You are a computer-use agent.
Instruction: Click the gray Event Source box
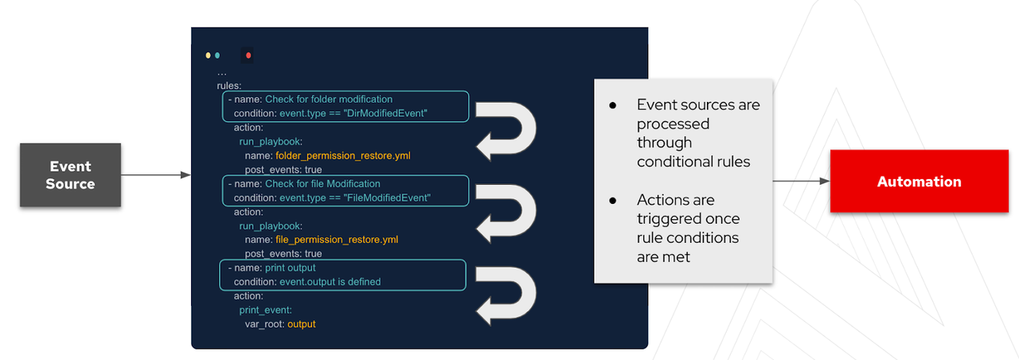70,175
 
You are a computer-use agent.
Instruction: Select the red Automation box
919,182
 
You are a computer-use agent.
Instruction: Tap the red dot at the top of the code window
248,56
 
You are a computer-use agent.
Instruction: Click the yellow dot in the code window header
209,56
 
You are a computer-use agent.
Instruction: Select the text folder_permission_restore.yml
343,155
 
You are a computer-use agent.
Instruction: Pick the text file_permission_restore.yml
337,240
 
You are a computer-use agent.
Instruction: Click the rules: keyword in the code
229,85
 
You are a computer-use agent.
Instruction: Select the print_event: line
266,310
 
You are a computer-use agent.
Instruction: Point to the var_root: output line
280,324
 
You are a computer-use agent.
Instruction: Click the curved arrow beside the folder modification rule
506,129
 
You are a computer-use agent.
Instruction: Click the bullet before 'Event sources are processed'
613,105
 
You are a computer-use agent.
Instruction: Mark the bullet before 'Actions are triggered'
613,200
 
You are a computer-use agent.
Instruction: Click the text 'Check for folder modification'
329,100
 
